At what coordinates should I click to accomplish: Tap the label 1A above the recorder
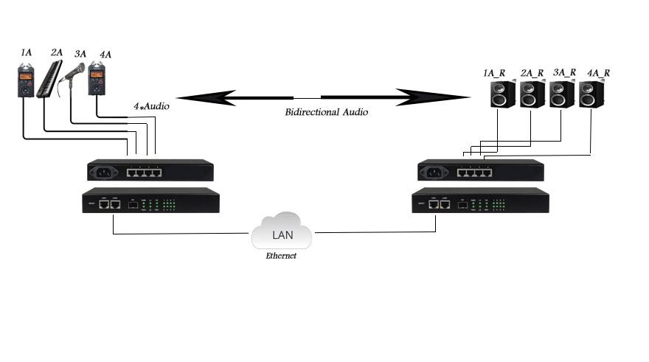pos(27,52)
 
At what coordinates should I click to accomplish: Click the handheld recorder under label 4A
pos(97,80)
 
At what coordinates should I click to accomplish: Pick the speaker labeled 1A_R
pos(502,94)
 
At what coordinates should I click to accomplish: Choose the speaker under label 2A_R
pos(532,94)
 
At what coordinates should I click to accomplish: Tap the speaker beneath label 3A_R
pos(561,94)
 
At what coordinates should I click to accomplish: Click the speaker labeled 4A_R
pos(591,94)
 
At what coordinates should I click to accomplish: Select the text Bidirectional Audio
pos(326,113)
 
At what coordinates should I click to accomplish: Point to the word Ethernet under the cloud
pos(280,255)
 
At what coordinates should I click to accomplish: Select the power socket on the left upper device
pos(103,174)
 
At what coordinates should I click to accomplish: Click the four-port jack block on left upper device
pos(144,174)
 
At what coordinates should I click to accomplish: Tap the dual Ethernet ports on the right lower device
pos(439,205)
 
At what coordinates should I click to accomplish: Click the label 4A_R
pos(598,73)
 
